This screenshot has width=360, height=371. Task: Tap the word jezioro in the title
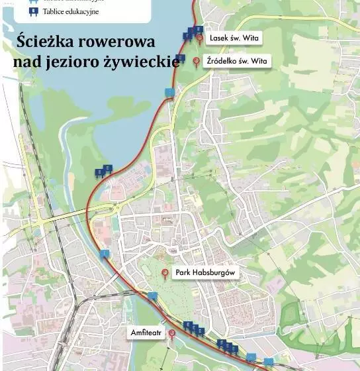(x=86, y=62)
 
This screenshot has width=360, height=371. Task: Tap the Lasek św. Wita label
(x=234, y=38)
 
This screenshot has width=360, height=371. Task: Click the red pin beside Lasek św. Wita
(x=199, y=38)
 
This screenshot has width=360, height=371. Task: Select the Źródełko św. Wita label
(x=238, y=61)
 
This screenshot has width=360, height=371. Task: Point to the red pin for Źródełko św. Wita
(x=196, y=62)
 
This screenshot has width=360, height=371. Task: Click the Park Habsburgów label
(x=205, y=272)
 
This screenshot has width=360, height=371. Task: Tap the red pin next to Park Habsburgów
(x=165, y=272)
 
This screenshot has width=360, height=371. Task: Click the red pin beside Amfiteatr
(x=171, y=334)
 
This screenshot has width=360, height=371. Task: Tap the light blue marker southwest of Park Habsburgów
(x=152, y=296)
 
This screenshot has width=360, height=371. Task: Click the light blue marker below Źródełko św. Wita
(x=170, y=92)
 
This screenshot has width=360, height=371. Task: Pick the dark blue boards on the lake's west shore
(x=103, y=172)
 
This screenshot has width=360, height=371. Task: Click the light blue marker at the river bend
(x=105, y=253)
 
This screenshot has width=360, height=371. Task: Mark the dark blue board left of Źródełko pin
(x=180, y=58)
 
